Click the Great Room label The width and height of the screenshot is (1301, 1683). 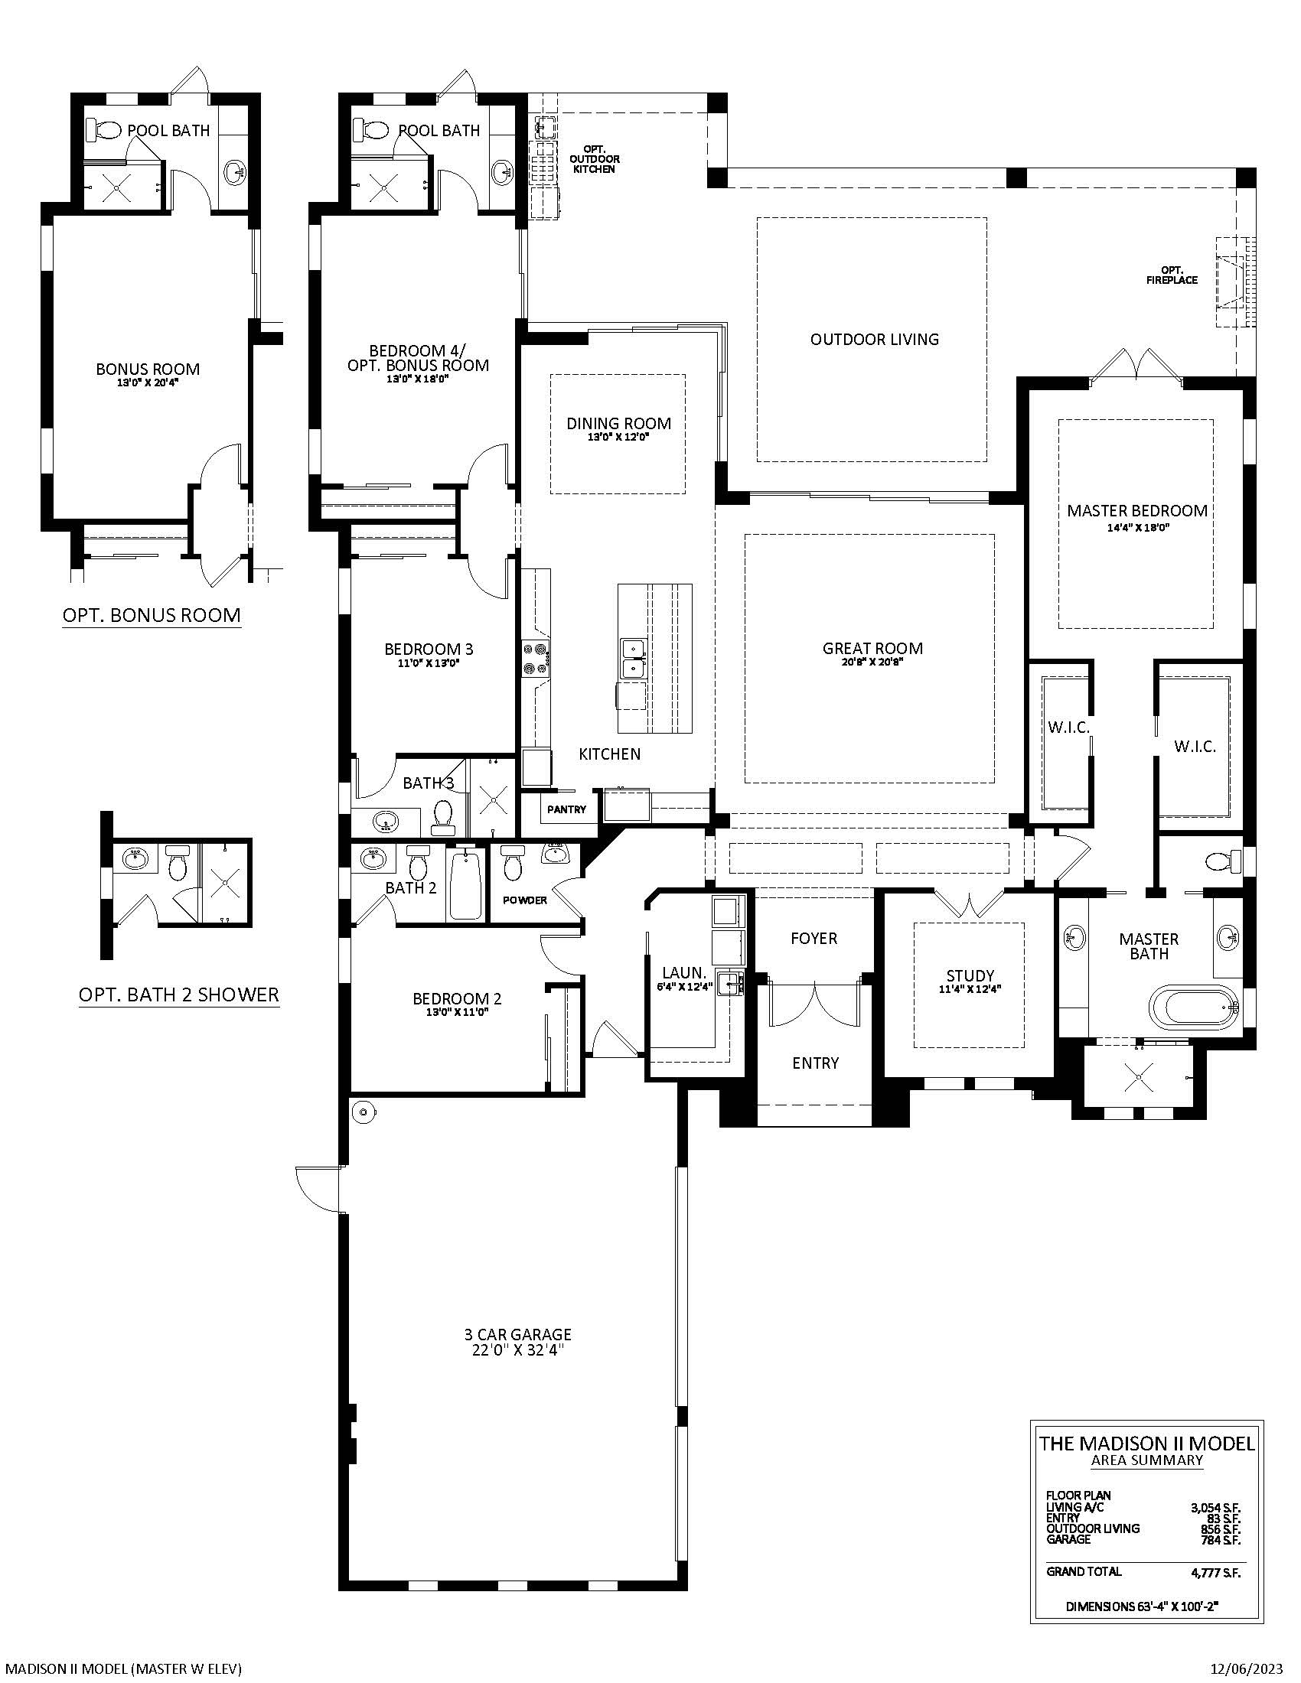[x=872, y=649]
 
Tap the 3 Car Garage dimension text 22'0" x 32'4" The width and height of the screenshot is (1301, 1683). [x=518, y=1349]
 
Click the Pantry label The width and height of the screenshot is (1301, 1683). [x=566, y=809]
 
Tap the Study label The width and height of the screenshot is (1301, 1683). [x=970, y=975]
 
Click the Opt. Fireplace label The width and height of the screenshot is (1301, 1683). [x=1172, y=275]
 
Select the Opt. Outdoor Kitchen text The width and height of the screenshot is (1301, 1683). [x=594, y=159]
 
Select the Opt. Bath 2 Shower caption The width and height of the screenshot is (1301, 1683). [x=179, y=994]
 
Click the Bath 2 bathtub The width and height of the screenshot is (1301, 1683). [x=465, y=885]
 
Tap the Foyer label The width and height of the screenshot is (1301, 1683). [x=814, y=938]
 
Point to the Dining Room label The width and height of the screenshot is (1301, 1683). [x=619, y=423]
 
